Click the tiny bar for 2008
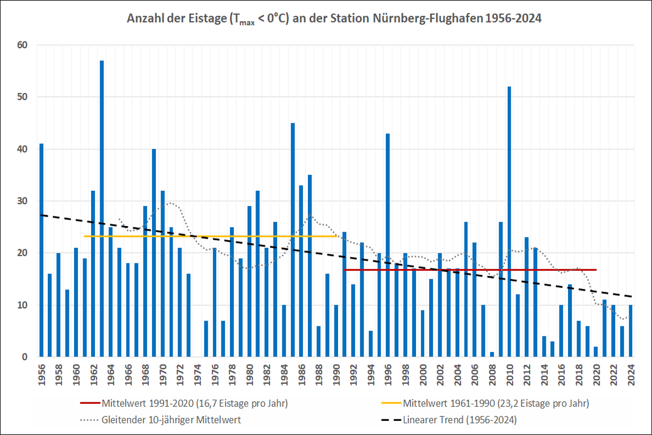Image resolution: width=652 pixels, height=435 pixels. [492, 354]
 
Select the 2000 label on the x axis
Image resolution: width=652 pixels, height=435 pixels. [423, 372]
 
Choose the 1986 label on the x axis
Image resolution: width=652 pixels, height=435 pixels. [301, 372]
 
